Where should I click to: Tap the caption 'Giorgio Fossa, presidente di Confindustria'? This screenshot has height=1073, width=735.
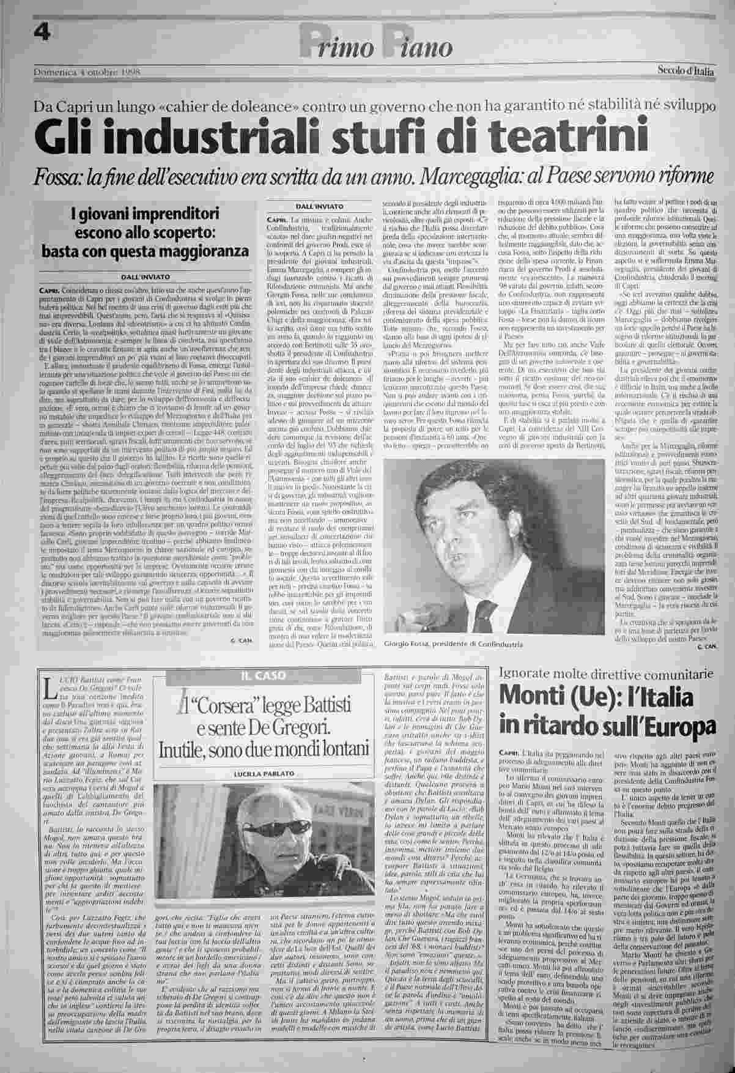click(454, 645)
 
